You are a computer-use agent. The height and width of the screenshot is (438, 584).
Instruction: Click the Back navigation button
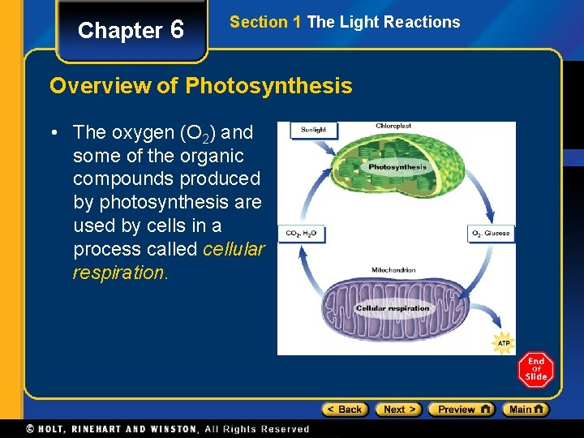[345, 410]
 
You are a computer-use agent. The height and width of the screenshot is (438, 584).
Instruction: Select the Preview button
[461, 410]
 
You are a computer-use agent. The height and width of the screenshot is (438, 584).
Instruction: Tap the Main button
[525, 410]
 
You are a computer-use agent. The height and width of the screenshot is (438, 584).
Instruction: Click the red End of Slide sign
[535, 370]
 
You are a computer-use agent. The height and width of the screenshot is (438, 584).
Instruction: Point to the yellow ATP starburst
[504, 343]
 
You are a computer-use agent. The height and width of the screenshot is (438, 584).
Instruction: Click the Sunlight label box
[313, 130]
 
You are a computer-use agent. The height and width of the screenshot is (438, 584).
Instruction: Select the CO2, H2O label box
[301, 234]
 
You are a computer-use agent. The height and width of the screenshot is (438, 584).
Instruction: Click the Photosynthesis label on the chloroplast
[397, 167]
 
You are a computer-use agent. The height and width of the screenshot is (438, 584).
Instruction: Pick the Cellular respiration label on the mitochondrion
[393, 308]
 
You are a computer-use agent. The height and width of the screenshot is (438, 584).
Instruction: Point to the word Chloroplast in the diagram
[393, 127]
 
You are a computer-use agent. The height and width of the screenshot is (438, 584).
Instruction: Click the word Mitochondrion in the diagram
[393, 270]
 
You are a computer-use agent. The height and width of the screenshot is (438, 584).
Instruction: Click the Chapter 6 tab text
[131, 31]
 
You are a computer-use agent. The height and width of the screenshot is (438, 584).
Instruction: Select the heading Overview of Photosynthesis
[200, 86]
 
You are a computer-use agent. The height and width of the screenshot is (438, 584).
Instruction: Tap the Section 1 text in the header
[266, 23]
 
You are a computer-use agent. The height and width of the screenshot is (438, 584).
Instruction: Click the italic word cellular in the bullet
[234, 249]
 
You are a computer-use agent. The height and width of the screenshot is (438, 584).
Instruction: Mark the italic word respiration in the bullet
[118, 273]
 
